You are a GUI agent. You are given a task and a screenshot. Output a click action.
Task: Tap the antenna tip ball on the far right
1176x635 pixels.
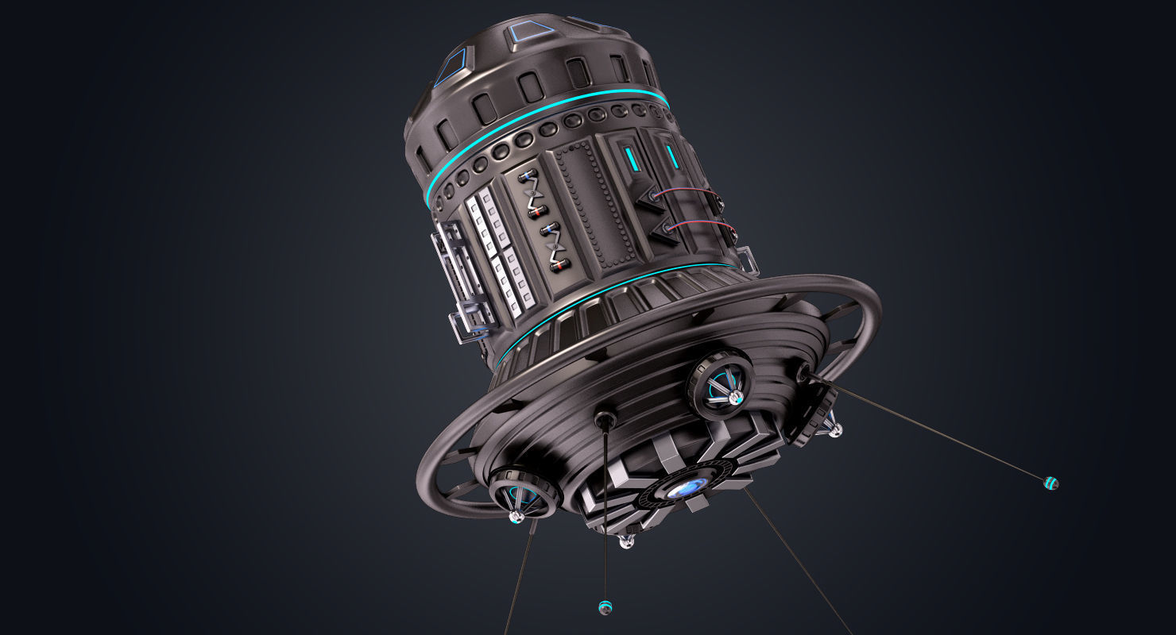pyautogui.click(x=1051, y=482)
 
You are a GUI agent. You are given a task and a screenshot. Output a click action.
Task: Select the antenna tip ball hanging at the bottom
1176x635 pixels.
pyautogui.click(x=605, y=607)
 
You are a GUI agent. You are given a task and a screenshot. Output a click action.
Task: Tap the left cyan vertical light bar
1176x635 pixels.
pyautogui.click(x=631, y=160)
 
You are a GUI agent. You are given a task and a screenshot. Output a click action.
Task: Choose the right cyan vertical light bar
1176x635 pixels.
pyautogui.click(x=672, y=157)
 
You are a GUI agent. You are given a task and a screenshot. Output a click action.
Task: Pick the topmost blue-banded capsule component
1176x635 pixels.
pyautogui.click(x=525, y=175)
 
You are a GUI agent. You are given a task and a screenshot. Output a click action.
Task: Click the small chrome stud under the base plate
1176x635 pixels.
pyautogui.click(x=627, y=542)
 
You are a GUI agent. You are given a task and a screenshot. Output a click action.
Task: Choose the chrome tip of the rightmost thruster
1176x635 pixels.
pyautogui.click(x=834, y=431)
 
